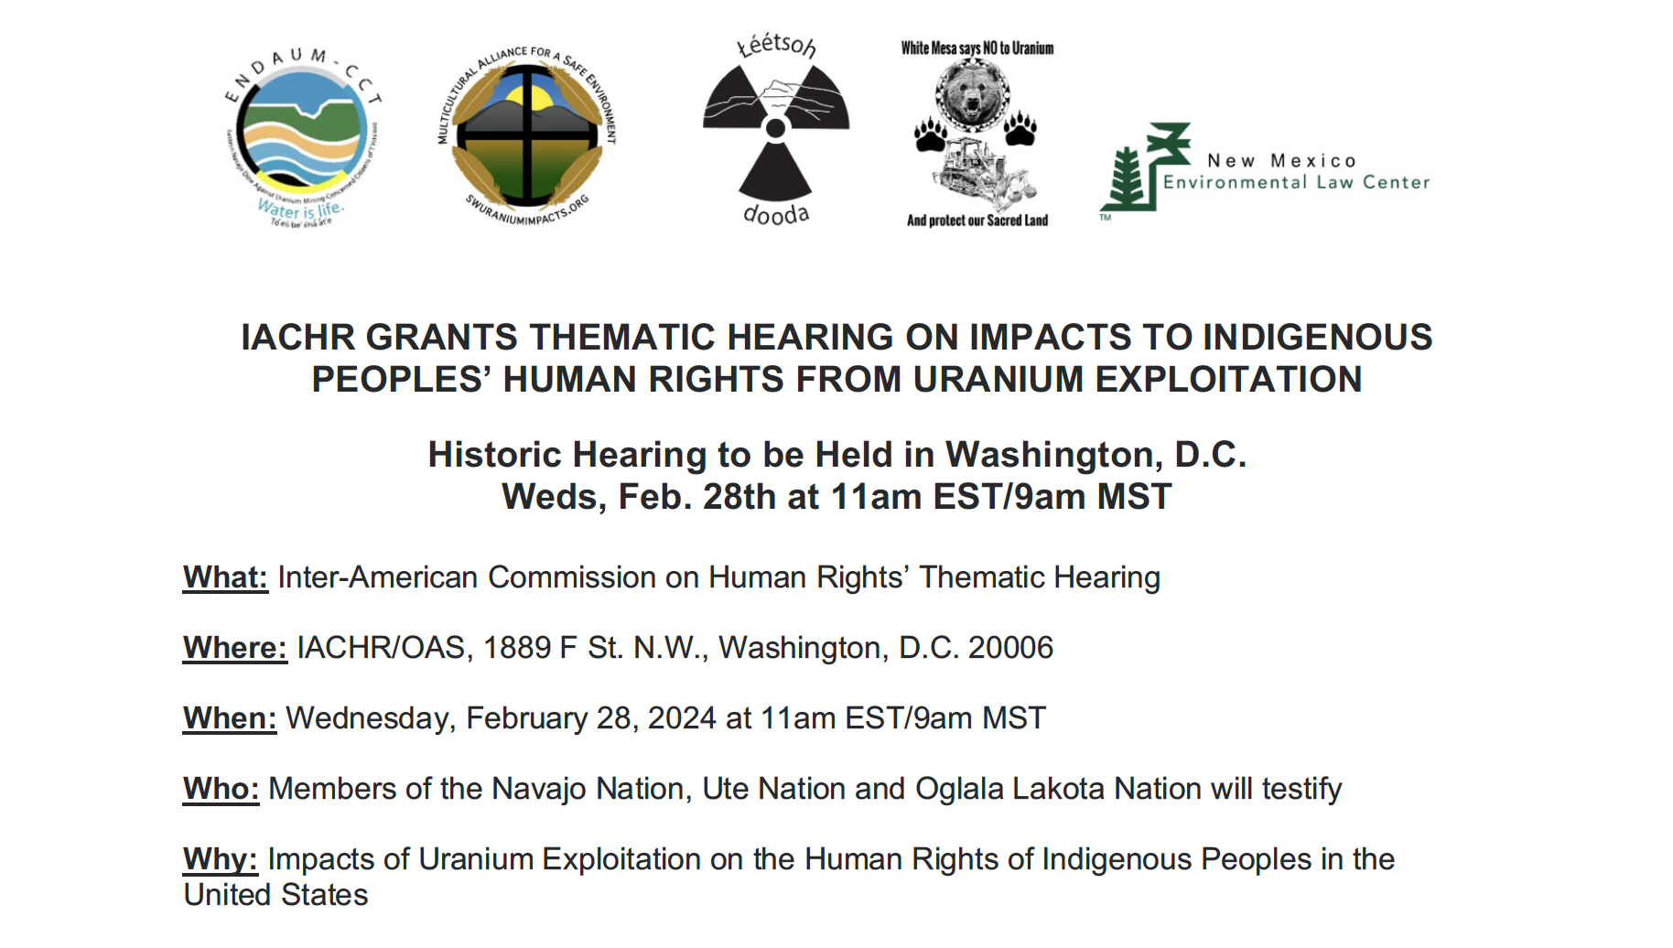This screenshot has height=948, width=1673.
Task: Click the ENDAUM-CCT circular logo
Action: [x=302, y=135]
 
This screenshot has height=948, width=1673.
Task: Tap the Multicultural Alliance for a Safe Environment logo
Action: [x=527, y=135]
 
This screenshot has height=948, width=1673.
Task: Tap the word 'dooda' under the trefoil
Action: [x=776, y=214]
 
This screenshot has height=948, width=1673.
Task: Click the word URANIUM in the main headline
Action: [x=998, y=380]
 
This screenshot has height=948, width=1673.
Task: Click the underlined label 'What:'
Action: [x=225, y=577]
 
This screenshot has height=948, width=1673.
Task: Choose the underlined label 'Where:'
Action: [x=235, y=648]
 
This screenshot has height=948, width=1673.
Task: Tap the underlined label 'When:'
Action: [x=230, y=718]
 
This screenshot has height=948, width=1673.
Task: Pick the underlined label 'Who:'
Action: [x=221, y=789]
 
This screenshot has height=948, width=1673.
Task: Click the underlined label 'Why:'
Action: [x=221, y=859]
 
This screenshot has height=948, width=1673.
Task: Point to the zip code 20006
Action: [x=1010, y=648]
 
